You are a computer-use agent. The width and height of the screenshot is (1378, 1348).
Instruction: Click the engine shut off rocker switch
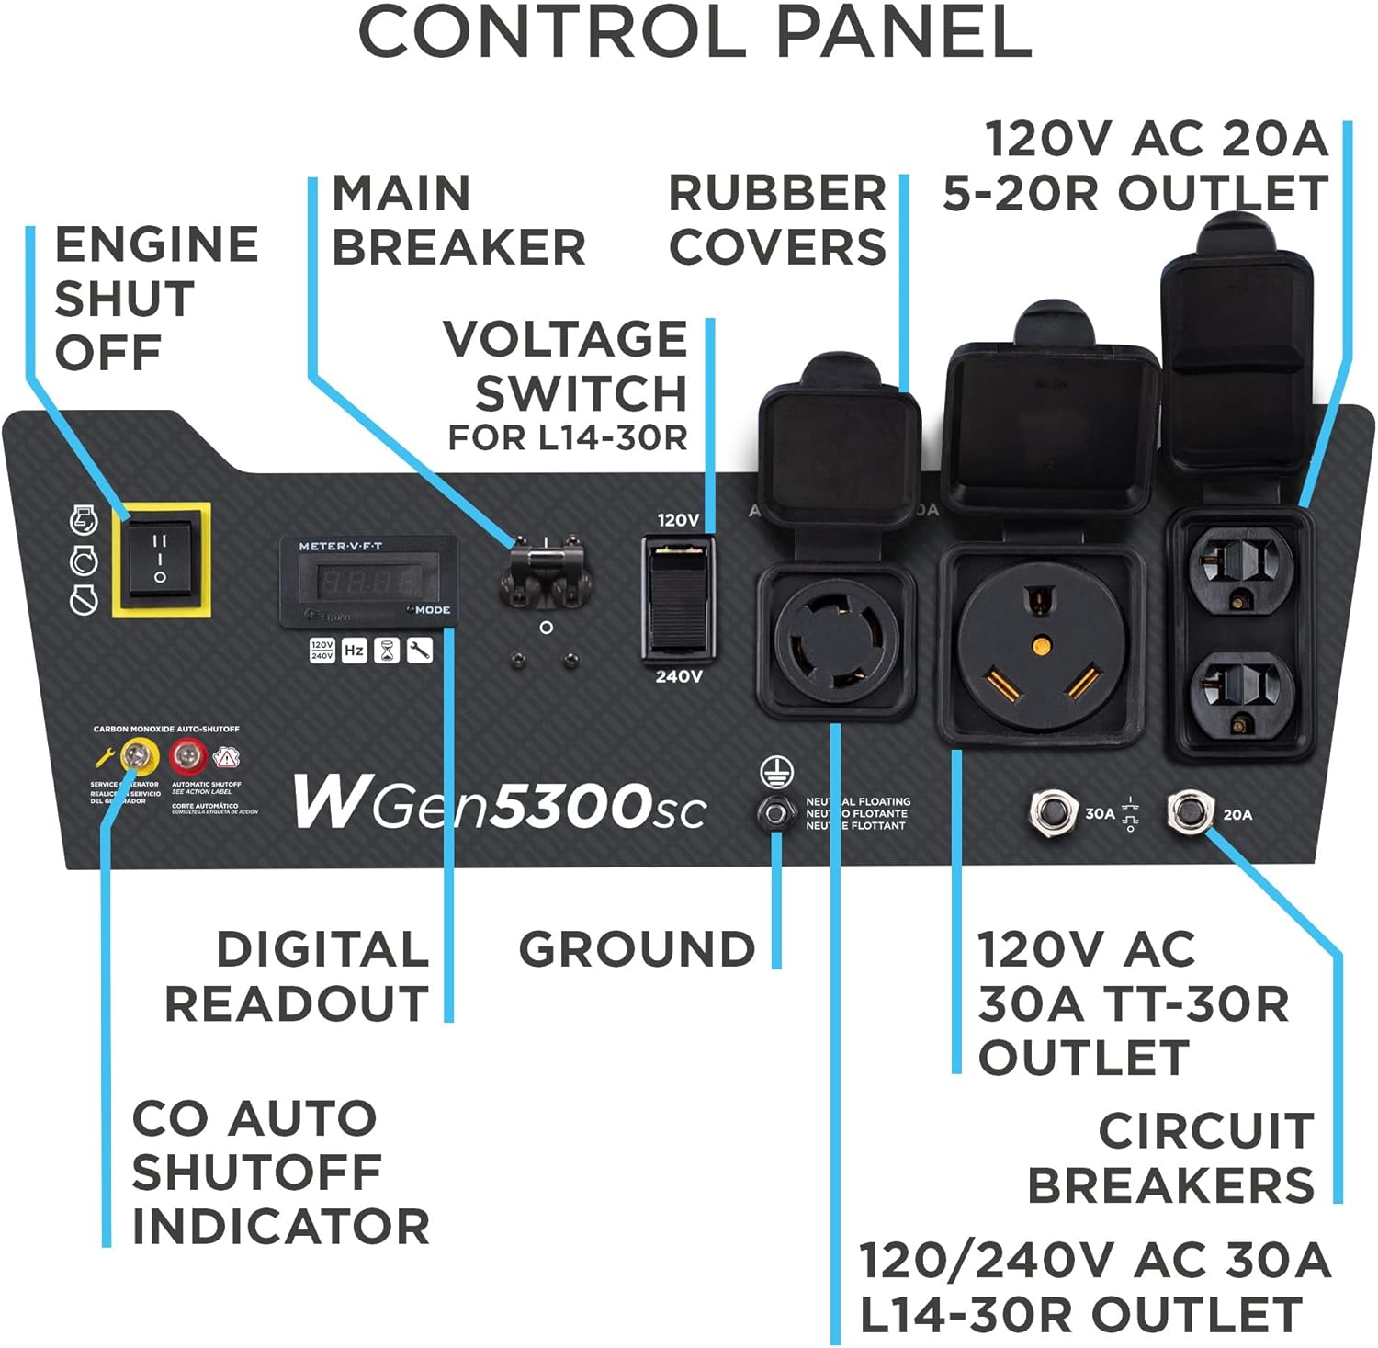coord(160,559)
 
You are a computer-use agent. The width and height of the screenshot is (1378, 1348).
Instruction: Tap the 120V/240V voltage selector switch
coord(678,597)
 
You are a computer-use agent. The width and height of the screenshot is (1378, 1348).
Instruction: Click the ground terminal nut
coord(776,813)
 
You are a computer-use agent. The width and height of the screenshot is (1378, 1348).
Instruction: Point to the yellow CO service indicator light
coord(139,757)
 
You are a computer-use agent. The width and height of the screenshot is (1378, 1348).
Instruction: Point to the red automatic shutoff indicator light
coord(187,757)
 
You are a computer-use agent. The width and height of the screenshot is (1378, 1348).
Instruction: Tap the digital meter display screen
coord(367,582)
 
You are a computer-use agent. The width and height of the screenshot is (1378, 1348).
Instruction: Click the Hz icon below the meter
coord(354,651)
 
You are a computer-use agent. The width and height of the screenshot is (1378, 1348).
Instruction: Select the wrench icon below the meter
coord(419,651)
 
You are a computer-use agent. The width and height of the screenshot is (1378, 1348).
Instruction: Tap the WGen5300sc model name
coord(499,802)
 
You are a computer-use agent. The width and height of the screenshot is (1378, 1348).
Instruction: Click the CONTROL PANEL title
coord(695,32)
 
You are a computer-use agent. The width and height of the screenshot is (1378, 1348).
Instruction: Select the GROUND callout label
coord(637,949)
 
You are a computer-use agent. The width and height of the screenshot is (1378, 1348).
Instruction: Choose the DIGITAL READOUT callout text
coord(297,976)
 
